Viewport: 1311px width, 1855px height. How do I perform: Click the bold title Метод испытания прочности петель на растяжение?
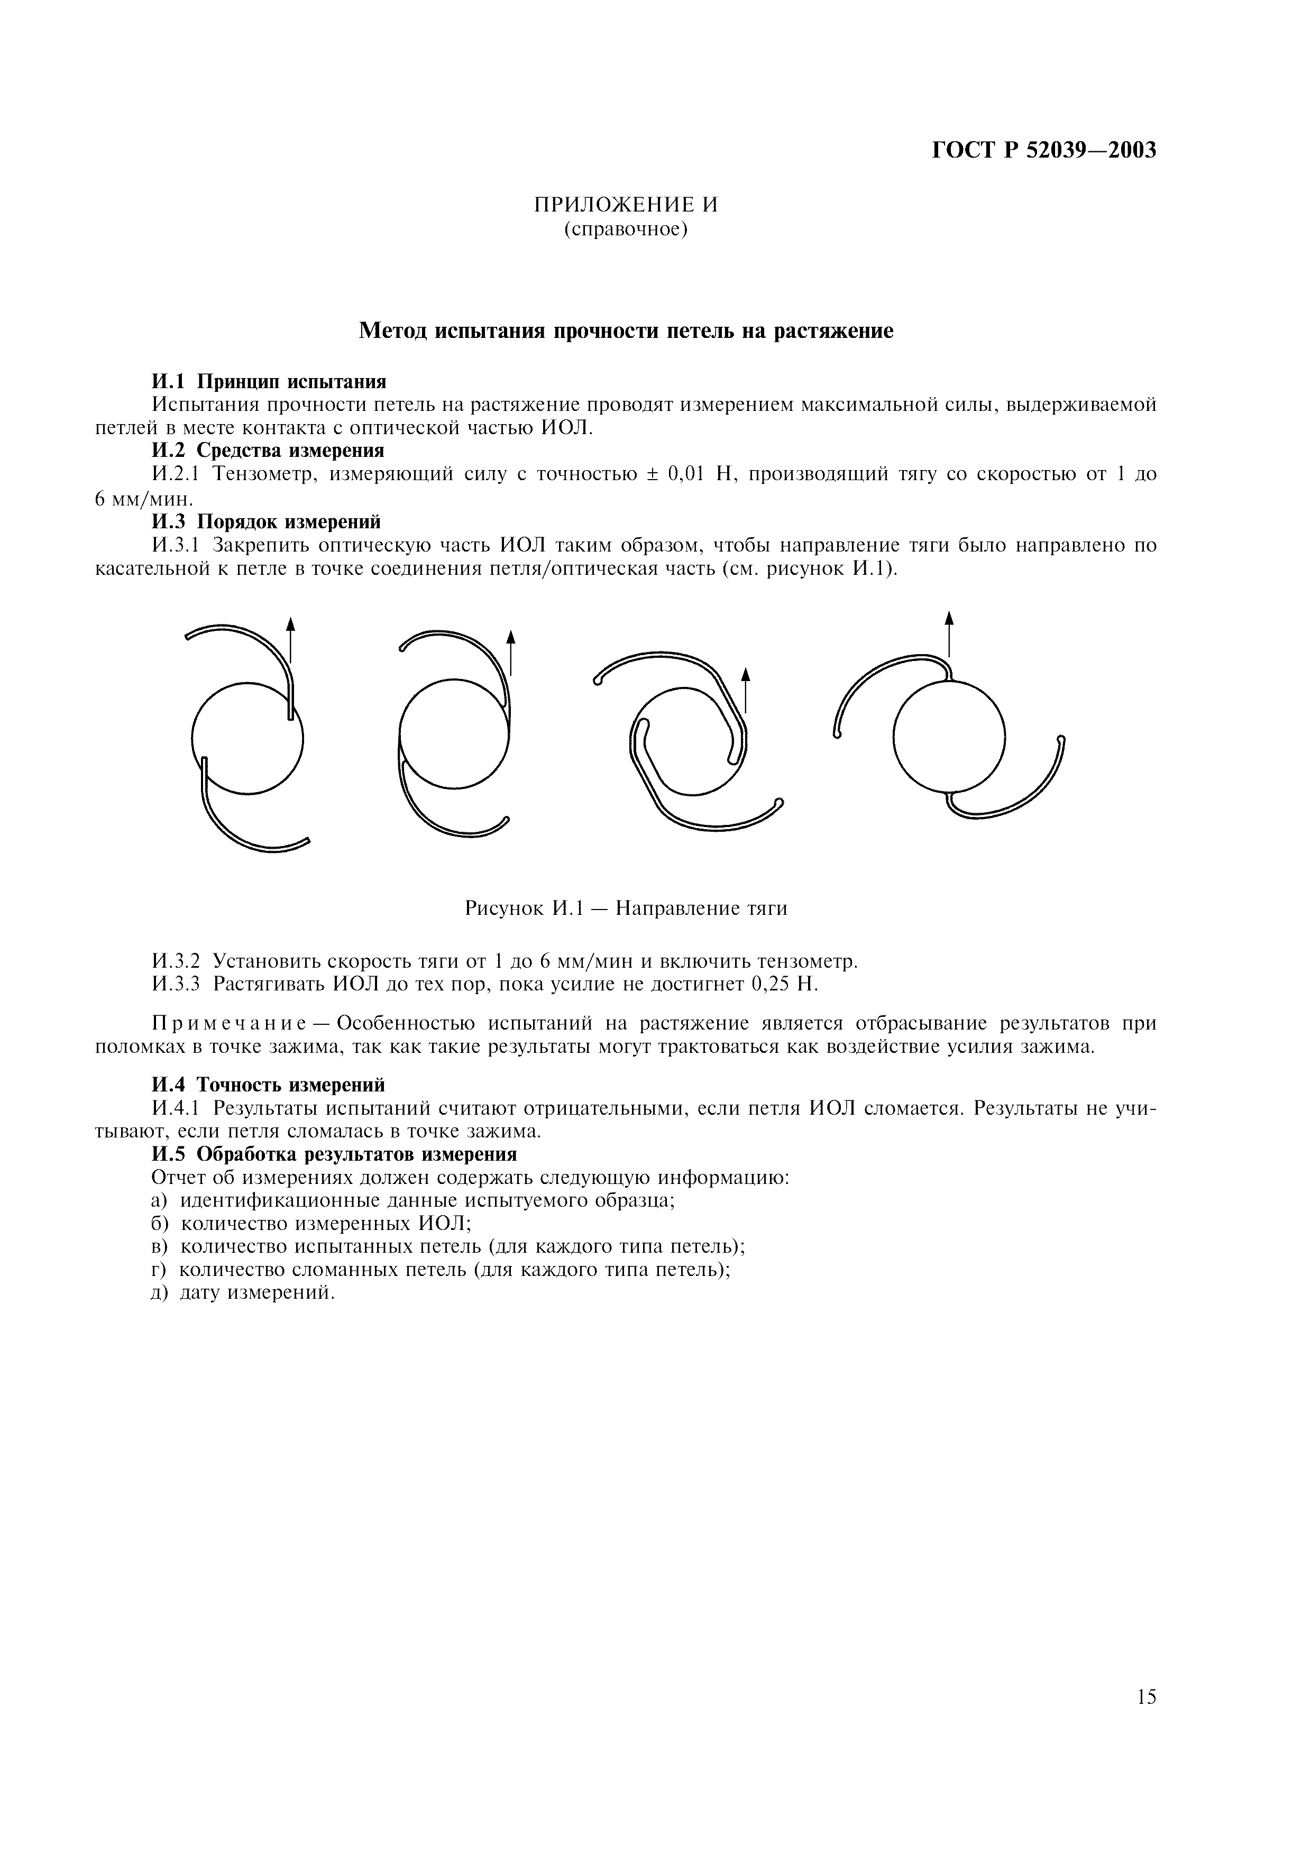click(x=626, y=331)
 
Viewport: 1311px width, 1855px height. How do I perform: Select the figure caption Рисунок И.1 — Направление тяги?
click(x=626, y=909)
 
